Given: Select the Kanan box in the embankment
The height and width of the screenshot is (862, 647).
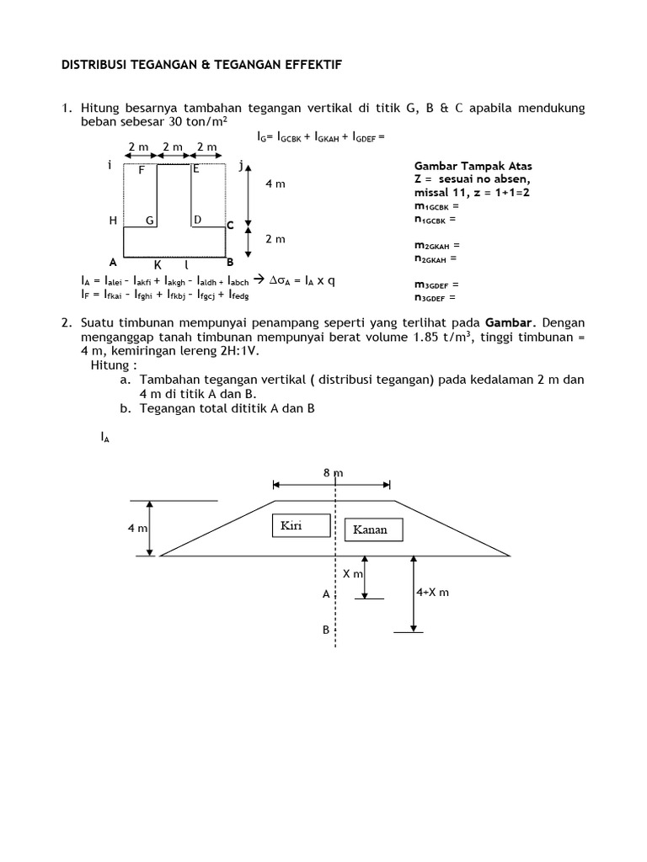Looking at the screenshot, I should click(373, 529).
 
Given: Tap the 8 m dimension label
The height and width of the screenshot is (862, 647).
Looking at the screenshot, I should click(333, 473).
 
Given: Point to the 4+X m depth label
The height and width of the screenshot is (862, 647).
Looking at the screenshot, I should click(432, 592).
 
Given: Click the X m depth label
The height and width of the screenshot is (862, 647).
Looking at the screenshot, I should click(352, 573).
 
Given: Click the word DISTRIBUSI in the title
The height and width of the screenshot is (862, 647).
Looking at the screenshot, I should click(94, 65).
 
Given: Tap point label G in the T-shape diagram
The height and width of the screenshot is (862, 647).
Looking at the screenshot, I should click(149, 221).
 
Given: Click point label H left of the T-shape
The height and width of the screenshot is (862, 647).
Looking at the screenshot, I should click(113, 221).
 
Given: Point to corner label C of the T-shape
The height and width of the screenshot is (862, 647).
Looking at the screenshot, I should click(230, 226).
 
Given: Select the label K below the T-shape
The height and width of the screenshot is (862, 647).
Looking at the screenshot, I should click(157, 264).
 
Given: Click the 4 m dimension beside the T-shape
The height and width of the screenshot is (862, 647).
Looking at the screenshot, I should click(275, 184).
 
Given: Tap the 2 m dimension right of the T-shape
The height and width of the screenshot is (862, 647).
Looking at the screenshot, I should click(275, 239).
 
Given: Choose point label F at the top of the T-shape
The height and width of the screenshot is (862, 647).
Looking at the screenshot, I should click(142, 169).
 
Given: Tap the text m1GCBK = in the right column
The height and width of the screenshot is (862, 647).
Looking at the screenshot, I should click(436, 206).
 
